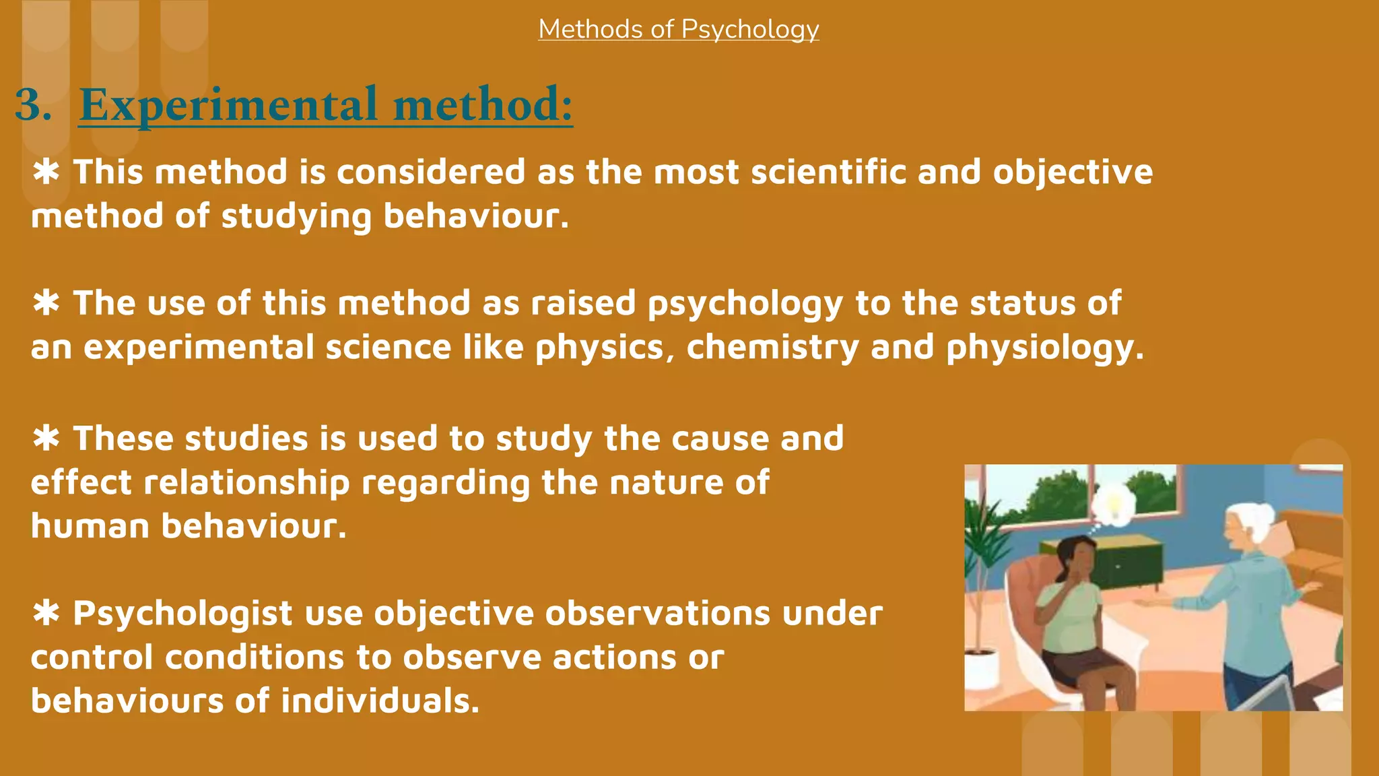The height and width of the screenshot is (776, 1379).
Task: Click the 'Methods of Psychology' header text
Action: [x=678, y=29]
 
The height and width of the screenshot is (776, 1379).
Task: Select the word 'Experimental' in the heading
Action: [x=228, y=105]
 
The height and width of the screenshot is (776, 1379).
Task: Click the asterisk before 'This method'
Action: [x=46, y=172]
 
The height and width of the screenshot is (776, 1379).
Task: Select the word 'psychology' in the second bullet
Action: [x=745, y=304]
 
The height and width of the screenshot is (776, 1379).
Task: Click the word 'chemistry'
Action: [x=772, y=348]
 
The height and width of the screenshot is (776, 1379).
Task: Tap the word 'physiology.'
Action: [x=1044, y=348]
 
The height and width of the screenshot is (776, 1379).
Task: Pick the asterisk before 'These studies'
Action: [x=46, y=439]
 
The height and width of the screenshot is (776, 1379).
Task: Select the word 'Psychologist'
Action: [x=182, y=614]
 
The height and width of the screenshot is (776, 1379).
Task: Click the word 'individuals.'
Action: [x=380, y=701]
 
